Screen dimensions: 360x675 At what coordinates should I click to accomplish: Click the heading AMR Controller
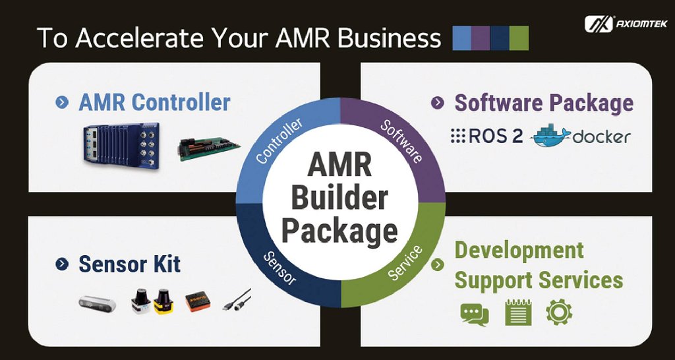click(x=154, y=102)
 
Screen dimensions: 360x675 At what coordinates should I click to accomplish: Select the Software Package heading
click(x=544, y=103)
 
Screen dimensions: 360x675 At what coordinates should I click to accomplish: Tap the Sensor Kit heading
click(x=129, y=264)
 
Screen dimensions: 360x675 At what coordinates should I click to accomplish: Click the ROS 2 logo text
click(x=487, y=136)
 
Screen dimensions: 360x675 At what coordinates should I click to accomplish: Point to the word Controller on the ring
click(x=279, y=140)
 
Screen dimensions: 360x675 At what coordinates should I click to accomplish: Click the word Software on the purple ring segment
click(x=401, y=140)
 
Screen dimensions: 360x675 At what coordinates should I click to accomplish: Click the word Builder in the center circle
click(x=339, y=198)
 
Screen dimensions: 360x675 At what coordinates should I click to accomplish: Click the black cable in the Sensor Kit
click(x=237, y=300)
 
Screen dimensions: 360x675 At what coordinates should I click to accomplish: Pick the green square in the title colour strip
click(x=519, y=38)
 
